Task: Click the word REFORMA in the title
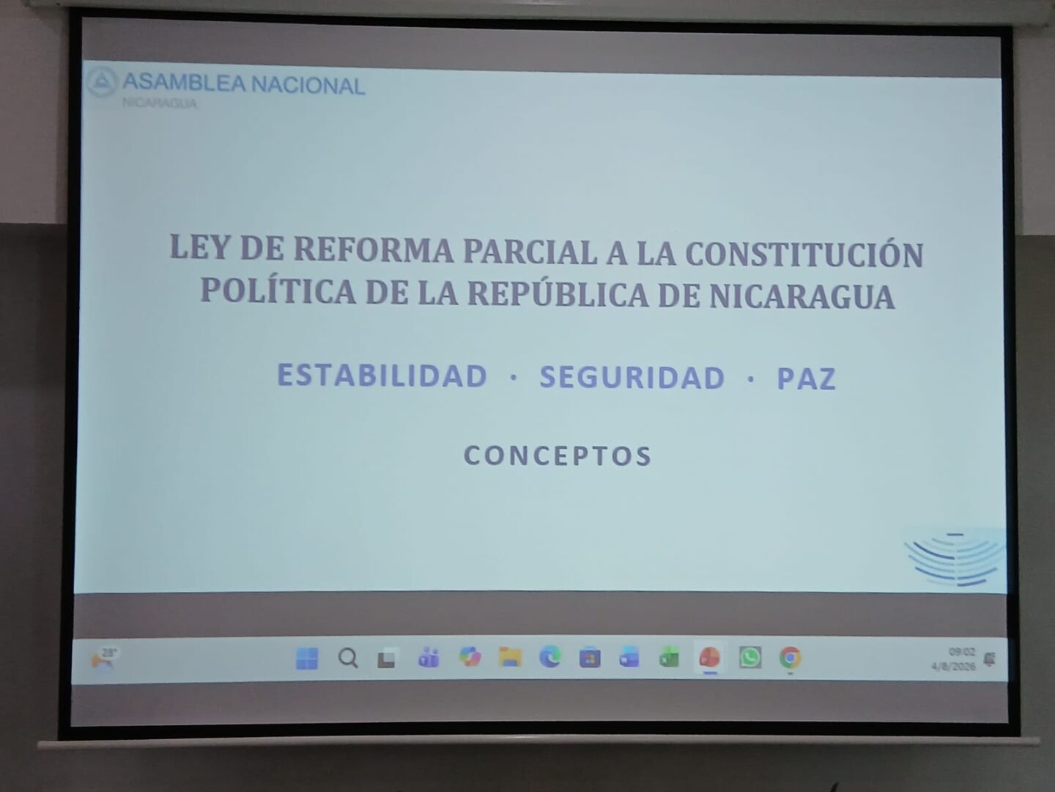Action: pos(373,249)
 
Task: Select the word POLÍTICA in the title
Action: pos(278,290)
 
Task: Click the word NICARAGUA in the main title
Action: pos(802,296)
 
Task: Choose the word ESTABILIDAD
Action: pos(382,375)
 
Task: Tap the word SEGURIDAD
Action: pos(632,377)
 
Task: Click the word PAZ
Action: pos(807,379)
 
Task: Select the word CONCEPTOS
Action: pos(558,455)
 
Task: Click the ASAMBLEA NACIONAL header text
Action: pos(244,84)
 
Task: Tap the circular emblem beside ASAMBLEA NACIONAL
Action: pos(101,82)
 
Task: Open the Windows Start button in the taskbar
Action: pos(307,659)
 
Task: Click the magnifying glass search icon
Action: pos(347,659)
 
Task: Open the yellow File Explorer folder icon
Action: pos(509,657)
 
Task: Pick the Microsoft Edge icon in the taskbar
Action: pos(550,657)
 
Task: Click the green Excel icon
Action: pos(669,658)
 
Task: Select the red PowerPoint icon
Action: pos(709,658)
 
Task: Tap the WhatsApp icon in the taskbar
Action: pos(749,658)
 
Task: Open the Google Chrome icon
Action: pos(791,658)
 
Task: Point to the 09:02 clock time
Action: pos(962,652)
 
